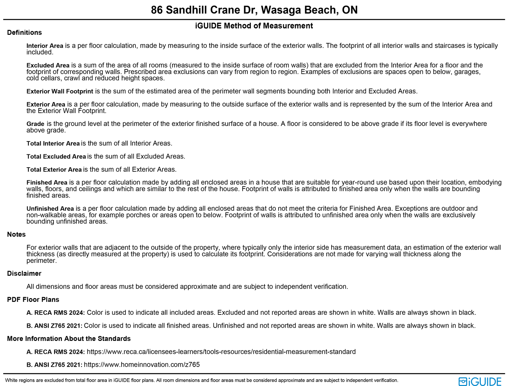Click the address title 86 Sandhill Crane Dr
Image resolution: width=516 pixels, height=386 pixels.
pos(254,10)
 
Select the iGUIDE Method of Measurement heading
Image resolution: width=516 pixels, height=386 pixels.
pos(254,26)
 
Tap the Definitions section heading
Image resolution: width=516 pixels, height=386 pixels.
pos(25,33)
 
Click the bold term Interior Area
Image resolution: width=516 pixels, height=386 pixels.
pos(45,46)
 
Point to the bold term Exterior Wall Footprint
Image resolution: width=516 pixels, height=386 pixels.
pos(60,92)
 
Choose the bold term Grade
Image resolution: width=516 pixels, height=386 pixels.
pos(35,124)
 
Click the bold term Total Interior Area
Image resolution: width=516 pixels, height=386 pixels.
pos(53,143)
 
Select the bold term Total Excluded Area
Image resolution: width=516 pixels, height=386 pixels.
pos(56,157)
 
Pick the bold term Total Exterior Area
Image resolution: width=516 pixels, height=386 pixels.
pos(54,169)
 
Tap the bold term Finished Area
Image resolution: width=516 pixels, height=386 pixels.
pos(47,183)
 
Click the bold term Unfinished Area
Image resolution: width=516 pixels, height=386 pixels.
pos(50,209)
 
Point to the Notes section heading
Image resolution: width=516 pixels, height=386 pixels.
pos(16,235)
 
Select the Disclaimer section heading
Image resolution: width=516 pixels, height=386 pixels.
pos(24,274)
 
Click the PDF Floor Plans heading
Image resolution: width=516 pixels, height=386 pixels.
pos(33,300)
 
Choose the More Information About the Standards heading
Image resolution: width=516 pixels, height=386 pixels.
pos(69,339)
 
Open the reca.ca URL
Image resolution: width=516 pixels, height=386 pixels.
pos(221,352)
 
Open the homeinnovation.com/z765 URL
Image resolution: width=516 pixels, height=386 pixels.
pos(142,365)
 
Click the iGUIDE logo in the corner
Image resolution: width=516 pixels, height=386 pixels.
pos(480,381)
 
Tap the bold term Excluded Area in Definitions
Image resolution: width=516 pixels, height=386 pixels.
pos(48,65)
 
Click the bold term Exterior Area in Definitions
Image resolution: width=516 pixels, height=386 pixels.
pos(46,104)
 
